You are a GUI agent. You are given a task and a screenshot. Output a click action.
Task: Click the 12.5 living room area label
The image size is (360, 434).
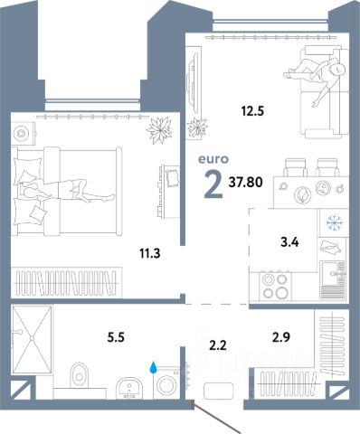(252, 111)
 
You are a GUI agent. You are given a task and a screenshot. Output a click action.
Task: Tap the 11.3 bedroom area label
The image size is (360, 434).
(149, 253)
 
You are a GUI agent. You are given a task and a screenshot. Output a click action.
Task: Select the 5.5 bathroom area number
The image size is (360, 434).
(116, 337)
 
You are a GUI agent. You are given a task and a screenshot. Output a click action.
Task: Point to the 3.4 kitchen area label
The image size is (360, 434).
(289, 241)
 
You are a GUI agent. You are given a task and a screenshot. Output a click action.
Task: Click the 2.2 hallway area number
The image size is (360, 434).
(218, 345)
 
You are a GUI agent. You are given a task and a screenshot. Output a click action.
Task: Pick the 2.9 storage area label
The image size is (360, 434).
(281, 337)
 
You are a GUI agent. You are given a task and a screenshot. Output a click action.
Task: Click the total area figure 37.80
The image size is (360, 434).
(246, 182)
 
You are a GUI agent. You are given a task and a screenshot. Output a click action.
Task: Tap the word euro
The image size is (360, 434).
(213, 159)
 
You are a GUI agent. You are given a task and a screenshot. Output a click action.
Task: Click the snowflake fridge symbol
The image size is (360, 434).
(335, 223)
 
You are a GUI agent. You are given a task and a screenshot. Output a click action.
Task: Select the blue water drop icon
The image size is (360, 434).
(154, 367)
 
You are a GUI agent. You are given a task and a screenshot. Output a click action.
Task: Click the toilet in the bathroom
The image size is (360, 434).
(79, 375)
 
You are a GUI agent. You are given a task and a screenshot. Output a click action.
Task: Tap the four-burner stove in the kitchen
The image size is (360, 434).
(275, 287)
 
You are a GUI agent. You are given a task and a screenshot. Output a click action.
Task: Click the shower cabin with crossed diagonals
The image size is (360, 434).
(32, 340)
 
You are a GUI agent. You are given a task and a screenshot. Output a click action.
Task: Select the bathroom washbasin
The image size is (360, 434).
(129, 388)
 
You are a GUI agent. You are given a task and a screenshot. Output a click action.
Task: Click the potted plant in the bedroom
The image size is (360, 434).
(159, 130)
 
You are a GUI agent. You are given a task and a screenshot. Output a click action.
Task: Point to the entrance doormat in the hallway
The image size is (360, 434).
(219, 391)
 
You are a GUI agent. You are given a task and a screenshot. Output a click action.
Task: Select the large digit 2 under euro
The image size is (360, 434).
(213, 184)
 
